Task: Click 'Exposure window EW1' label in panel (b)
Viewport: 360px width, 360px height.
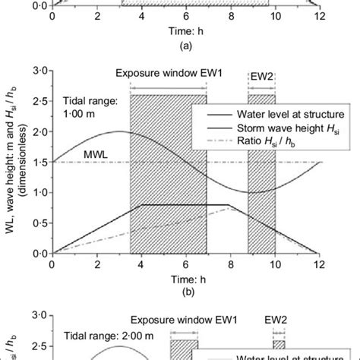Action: [168, 74]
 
